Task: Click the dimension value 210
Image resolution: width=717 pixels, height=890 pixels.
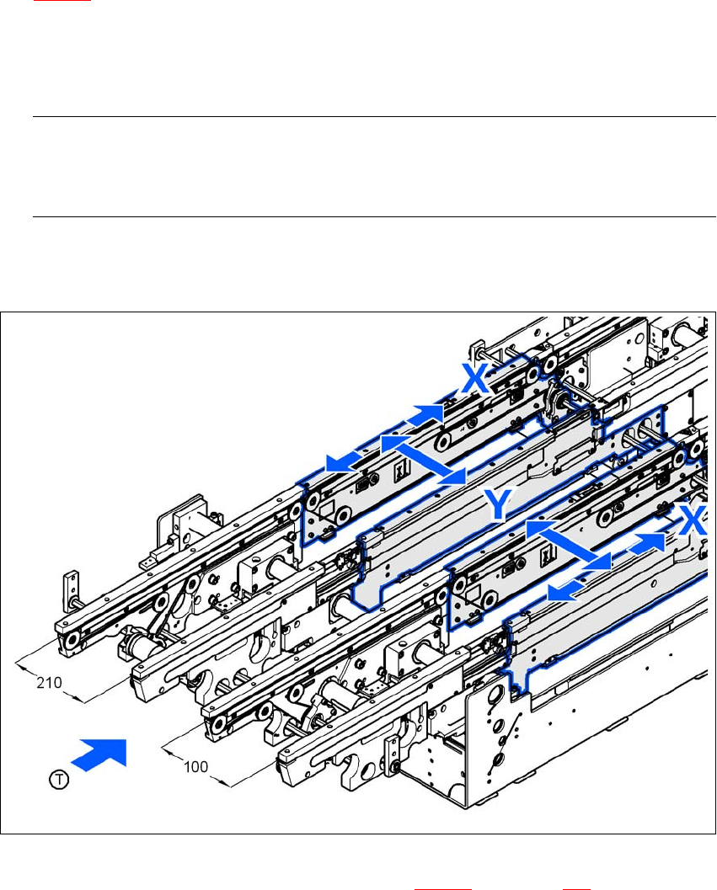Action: tap(49, 682)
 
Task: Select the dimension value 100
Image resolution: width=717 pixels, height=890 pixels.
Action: tap(195, 767)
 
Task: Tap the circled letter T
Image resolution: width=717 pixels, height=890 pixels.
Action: tap(58, 779)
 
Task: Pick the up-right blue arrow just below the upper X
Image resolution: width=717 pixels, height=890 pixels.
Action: tap(425, 414)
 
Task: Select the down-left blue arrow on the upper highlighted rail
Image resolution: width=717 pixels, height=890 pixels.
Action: tap(345, 461)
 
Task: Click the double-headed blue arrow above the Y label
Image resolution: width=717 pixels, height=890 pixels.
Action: tap(423, 460)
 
